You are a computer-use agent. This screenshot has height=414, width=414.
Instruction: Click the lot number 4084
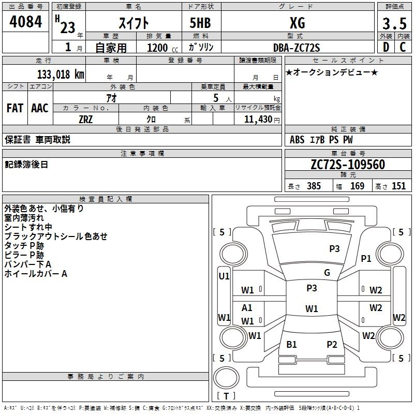point(25,21)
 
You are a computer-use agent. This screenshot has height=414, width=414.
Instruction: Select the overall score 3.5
point(394,23)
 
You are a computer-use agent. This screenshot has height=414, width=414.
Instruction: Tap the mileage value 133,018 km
point(61,75)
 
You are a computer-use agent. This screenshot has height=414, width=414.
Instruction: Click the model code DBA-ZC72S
point(297,48)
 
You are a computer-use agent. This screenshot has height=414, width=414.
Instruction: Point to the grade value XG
point(298,23)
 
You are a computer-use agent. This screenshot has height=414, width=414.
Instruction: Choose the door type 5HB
point(200,23)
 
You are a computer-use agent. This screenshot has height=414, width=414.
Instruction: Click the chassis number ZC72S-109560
point(348,165)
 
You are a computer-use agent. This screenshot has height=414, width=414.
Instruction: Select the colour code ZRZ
point(86,120)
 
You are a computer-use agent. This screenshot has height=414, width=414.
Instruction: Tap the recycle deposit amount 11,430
point(258,120)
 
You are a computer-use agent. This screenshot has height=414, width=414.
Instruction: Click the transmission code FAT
point(15,108)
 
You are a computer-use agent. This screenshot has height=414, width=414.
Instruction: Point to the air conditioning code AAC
point(40,108)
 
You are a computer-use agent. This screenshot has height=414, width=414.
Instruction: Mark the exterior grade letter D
point(386,47)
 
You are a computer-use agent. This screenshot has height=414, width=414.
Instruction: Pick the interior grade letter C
point(403,47)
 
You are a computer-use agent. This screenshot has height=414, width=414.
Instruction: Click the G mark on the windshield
point(327,273)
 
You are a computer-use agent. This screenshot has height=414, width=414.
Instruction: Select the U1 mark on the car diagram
point(224,276)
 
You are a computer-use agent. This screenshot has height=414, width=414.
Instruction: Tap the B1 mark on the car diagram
point(291,345)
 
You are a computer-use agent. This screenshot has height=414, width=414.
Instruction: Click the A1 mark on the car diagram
point(247,308)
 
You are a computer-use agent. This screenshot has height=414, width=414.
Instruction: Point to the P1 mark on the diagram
point(366,258)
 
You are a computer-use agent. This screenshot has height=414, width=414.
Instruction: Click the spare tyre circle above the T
point(226,378)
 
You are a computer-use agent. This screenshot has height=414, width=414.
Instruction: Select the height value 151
point(398,186)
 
